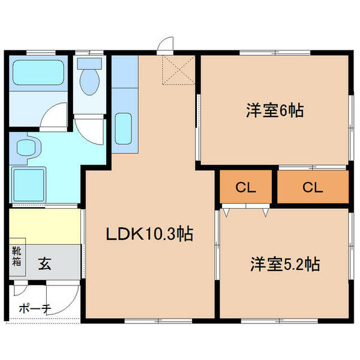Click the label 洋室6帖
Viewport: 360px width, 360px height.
[x=274, y=111]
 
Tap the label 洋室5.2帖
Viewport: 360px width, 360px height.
[x=284, y=264]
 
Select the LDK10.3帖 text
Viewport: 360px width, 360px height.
[x=149, y=235]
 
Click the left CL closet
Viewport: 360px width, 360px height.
[x=246, y=188]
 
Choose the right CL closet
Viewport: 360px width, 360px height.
[x=313, y=188]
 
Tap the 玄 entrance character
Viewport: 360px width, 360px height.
[x=45, y=262]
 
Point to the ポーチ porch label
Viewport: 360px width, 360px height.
[x=35, y=308]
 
